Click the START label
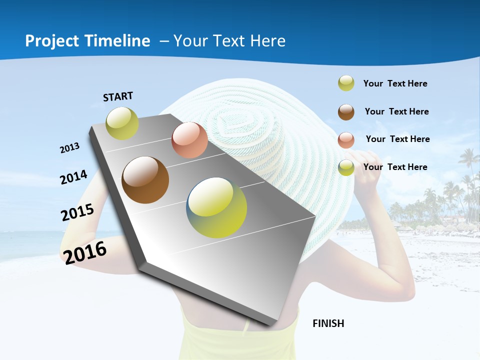[118, 96]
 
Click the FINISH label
[328, 323]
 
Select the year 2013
[69, 148]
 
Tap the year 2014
[73, 177]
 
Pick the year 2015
[77, 212]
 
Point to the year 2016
[85, 252]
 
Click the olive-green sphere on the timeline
[122, 123]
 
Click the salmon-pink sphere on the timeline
[189, 140]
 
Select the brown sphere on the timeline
[145, 180]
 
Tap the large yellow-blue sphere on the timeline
[216, 207]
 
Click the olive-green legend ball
[346, 83]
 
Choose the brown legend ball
[346, 112]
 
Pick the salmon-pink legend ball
[346, 140]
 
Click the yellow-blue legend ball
[346, 167]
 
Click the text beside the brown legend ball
[396, 111]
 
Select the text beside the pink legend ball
[397, 139]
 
